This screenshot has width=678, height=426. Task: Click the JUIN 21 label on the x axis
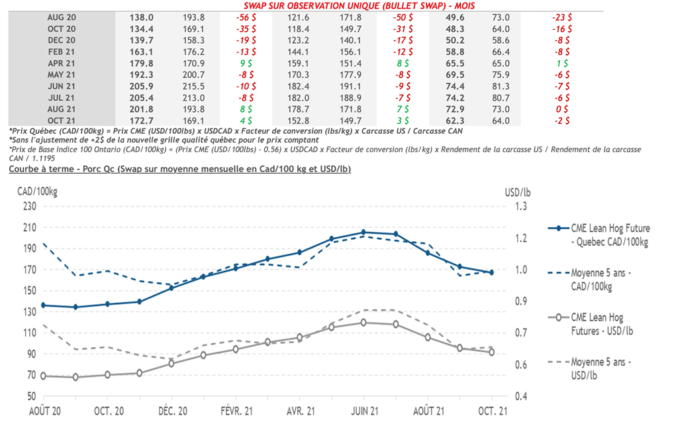[363, 411]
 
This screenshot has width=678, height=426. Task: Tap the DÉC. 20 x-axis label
[171, 411]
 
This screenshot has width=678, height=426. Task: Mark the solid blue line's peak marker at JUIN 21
[363, 232]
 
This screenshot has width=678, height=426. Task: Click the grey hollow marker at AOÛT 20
[44, 376]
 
